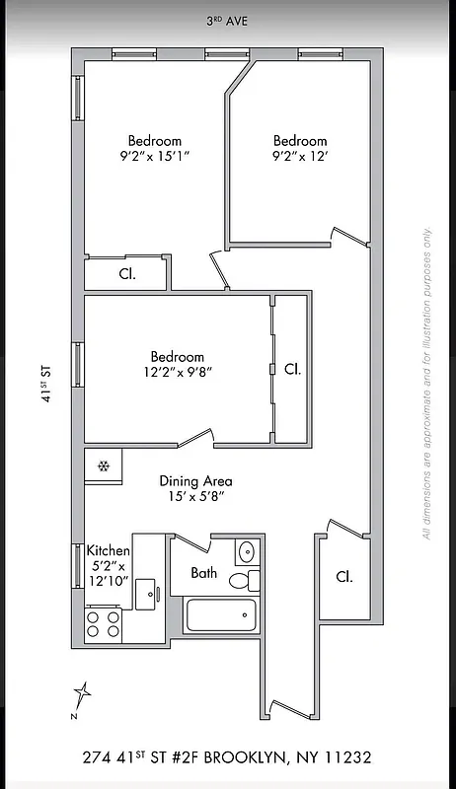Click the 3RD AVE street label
tap(227, 20)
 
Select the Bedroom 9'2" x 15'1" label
tap(154, 148)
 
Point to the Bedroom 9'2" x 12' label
tap(300, 148)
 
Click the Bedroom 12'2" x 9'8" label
tap(178, 364)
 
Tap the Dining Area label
tap(196, 489)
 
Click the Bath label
tap(204, 573)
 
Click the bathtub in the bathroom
tap(222, 616)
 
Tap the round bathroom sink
tap(247, 550)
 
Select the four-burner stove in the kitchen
tap(104, 623)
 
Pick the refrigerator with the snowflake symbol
tap(103, 466)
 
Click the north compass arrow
tap(83, 696)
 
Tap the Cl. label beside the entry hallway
tap(343, 576)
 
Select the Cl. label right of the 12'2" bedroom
tap(292, 369)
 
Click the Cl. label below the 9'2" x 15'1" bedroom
tap(127, 274)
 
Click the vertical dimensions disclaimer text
tap(427, 385)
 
